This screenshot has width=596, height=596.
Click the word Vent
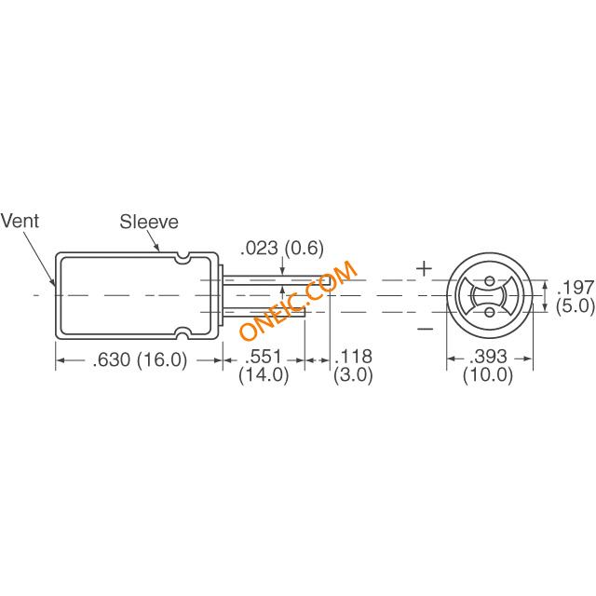[x=20, y=221]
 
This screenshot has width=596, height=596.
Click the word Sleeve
[x=149, y=222]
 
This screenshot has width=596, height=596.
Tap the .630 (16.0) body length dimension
[x=141, y=360]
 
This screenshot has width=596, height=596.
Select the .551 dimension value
[x=263, y=357]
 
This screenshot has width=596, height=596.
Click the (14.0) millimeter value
[x=264, y=374]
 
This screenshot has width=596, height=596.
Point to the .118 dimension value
[x=353, y=357]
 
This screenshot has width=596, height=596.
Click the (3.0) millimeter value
[x=353, y=374]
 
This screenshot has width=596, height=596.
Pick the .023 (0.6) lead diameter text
[x=282, y=249]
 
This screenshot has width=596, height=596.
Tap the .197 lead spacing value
[x=576, y=288]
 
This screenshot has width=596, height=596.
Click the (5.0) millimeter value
[x=576, y=305]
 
